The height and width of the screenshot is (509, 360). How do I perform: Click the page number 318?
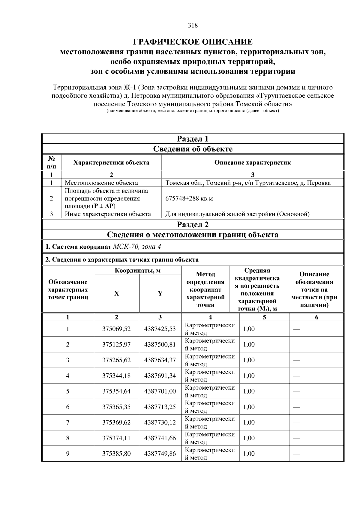(x=193, y=25)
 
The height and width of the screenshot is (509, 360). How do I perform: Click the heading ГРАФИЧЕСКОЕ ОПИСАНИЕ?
(x=193, y=42)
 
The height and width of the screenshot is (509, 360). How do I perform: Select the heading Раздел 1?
(x=193, y=139)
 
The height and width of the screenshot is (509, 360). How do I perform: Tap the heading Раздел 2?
(x=193, y=224)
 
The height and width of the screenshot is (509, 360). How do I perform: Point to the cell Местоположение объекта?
(x=101, y=183)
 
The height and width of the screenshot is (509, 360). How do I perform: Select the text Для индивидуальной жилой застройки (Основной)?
(x=237, y=214)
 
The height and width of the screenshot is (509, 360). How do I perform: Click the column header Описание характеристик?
(x=252, y=163)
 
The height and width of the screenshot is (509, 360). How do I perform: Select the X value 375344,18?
(x=116, y=376)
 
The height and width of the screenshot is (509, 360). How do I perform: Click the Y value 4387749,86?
(x=160, y=454)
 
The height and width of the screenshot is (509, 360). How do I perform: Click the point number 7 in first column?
(x=68, y=422)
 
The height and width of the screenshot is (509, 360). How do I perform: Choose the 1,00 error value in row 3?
(x=249, y=360)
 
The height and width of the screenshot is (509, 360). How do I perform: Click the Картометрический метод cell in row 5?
(x=210, y=391)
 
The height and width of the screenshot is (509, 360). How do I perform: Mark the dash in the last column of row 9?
(x=296, y=454)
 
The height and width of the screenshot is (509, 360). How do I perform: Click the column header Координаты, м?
(x=137, y=271)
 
